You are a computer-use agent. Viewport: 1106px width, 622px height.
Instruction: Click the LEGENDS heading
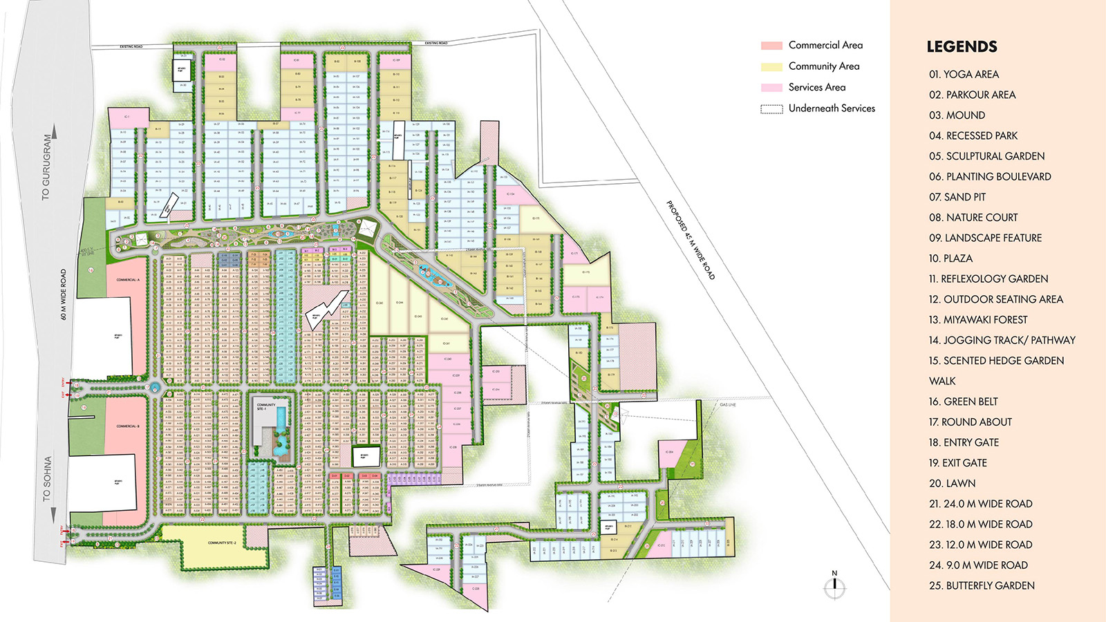(962, 47)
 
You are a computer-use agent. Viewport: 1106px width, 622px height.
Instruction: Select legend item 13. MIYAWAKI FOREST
(978, 320)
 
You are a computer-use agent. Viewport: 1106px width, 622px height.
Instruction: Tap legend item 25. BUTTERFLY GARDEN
(982, 585)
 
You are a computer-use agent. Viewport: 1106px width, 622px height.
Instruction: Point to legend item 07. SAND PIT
(957, 197)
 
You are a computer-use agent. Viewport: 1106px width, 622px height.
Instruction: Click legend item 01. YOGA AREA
(964, 75)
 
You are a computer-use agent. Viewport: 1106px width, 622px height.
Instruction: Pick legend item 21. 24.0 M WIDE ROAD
(980, 504)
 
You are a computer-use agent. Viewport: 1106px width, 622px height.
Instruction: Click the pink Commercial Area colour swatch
(771, 46)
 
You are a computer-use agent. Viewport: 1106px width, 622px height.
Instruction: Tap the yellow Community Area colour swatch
(771, 67)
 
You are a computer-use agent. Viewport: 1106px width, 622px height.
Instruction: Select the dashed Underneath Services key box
(771, 109)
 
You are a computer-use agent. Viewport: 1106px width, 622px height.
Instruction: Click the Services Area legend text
(817, 88)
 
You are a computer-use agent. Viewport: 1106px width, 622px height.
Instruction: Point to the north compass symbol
(834, 586)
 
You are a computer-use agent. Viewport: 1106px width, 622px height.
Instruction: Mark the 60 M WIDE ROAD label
(64, 294)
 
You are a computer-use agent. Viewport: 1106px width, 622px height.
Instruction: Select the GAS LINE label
(728, 404)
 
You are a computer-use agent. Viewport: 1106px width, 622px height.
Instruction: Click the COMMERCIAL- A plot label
(128, 280)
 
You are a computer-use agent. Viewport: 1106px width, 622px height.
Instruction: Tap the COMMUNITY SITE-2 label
(222, 543)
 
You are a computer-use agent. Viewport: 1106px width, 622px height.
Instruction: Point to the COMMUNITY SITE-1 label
(266, 406)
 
